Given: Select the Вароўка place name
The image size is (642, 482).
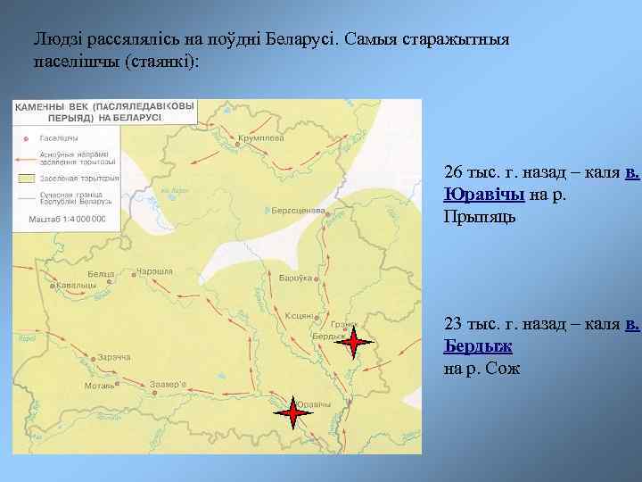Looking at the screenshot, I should coord(293,278).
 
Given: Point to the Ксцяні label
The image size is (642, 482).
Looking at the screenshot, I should coord(299,316).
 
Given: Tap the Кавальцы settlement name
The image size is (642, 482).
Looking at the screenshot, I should coord(79,286).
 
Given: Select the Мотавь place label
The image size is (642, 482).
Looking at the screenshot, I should coord(98,386).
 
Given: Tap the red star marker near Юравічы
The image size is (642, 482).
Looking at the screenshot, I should coord(292,412).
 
